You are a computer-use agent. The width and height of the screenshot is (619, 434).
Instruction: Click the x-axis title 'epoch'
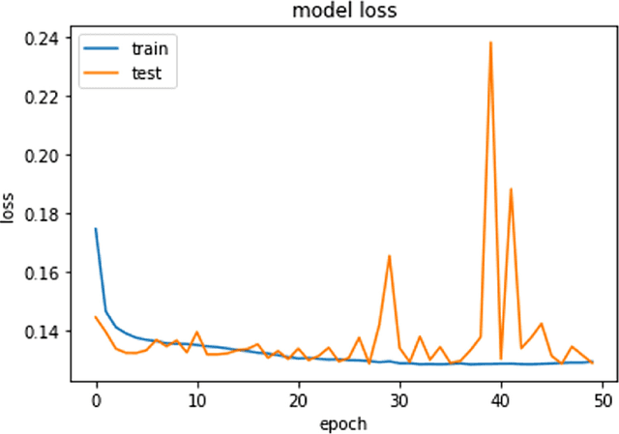click(343, 423)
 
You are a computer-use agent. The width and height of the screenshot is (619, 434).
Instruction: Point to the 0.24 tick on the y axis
click(44, 38)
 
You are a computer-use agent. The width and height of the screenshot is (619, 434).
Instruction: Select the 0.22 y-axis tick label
click(44, 97)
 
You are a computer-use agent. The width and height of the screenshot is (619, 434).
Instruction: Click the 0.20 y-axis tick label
click(44, 155)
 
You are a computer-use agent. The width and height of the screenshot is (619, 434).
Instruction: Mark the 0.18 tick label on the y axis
click(44, 214)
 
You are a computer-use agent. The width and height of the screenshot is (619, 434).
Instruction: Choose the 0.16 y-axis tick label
click(44, 273)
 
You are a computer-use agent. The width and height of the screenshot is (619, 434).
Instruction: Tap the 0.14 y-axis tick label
click(44, 332)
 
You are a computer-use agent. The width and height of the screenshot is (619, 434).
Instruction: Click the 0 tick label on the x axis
click(96, 399)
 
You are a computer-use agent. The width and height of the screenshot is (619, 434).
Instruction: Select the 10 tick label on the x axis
click(196, 399)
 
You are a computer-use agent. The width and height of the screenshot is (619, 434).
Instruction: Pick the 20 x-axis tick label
click(298, 399)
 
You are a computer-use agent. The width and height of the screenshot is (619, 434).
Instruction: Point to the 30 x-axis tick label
click(399, 399)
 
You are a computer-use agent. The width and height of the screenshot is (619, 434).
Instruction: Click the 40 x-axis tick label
click(500, 399)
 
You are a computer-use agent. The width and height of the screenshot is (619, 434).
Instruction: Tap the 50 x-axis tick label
click(602, 399)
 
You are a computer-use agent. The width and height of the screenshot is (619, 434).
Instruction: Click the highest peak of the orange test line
click(490, 43)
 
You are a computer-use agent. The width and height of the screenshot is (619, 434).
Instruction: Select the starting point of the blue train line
click(96, 229)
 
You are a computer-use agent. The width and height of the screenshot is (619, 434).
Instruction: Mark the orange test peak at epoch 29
click(389, 256)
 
